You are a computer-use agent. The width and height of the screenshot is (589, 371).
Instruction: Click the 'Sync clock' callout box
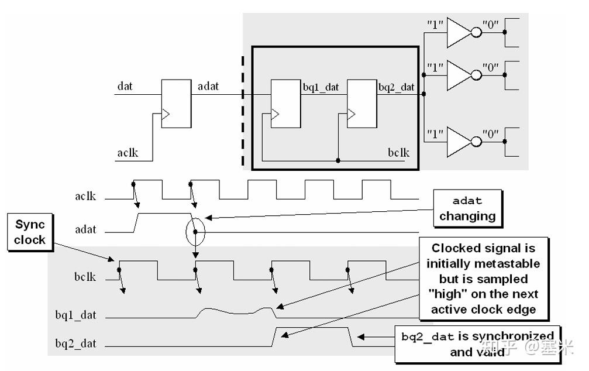(30, 232)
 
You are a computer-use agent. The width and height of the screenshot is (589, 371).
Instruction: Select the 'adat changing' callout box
(468, 209)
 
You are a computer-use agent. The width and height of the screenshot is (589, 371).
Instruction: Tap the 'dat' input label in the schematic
(125, 86)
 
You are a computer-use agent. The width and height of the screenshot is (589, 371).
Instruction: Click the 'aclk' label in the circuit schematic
(128, 153)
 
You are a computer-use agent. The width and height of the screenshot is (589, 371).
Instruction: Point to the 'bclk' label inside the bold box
(398, 153)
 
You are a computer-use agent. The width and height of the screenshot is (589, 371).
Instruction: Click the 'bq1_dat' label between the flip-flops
(321, 87)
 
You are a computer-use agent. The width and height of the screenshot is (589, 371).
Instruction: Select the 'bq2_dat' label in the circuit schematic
(397, 87)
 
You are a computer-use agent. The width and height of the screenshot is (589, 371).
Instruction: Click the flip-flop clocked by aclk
(176, 104)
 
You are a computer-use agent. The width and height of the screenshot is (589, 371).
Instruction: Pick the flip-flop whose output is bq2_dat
(361, 104)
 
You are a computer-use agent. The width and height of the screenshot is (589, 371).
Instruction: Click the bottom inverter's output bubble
(476, 142)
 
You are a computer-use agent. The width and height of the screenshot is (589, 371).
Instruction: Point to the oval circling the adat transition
(187, 232)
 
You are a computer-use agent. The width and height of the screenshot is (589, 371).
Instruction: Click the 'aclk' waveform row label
(85, 196)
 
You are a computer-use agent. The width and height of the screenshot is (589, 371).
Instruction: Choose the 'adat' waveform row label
(85, 229)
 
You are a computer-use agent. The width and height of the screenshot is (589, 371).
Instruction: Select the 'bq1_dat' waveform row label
(76, 315)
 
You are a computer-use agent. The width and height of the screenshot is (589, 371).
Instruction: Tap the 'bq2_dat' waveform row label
(76, 343)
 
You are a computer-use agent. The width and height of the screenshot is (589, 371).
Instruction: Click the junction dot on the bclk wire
(338, 161)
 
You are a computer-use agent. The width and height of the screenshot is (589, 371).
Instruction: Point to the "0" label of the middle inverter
(491, 68)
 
